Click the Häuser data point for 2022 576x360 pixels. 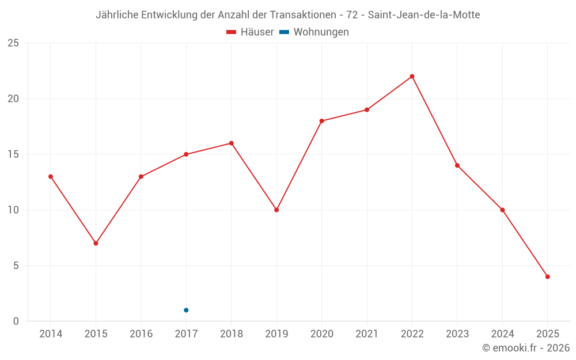point(412,76)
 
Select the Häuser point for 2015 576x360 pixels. point(96,243)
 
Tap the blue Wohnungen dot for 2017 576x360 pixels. point(186,310)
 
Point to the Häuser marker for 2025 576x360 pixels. point(547,276)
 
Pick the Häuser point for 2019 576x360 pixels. point(276,210)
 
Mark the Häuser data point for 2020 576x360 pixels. point(321,121)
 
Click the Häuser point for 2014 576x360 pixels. point(51,176)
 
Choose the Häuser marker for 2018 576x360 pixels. point(231,143)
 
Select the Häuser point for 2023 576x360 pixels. point(457,165)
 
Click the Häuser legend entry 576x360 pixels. point(250,32)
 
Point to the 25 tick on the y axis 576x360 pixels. point(13,43)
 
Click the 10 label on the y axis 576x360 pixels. point(13,210)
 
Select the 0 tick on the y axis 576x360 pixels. point(16,321)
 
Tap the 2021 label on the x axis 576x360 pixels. point(367,334)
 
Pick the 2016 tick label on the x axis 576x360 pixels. point(141,334)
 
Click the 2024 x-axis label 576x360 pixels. point(502,334)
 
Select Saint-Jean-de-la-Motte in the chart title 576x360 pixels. point(423,15)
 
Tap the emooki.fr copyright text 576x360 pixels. point(526,348)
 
